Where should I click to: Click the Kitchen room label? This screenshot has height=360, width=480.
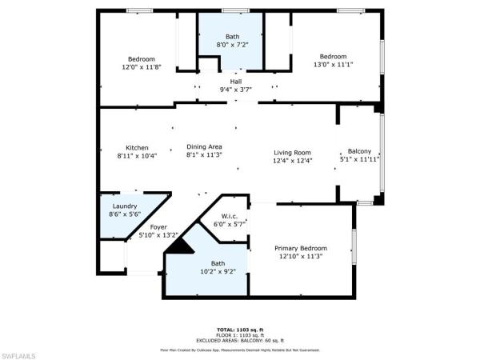[137, 147]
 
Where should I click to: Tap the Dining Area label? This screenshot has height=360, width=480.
[203, 146]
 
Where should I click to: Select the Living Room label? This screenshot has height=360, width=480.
[292, 152]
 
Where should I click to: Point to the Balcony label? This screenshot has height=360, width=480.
[359, 151]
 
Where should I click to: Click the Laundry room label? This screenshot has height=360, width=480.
[124, 206]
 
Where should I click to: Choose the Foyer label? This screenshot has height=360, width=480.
[158, 226]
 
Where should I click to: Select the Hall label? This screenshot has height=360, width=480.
[236, 82]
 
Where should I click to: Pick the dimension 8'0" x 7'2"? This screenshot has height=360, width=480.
[232, 46]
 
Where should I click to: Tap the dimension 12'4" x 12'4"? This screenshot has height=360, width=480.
[292, 161]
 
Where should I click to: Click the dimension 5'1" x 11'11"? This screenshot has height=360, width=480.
[359, 160]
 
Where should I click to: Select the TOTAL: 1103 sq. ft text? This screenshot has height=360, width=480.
[240, 330]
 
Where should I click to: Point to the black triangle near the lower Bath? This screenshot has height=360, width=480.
[184, 246]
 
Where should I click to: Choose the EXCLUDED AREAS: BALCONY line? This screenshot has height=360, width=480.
[240, 340]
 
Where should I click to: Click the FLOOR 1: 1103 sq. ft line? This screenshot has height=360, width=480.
[240, 334]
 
